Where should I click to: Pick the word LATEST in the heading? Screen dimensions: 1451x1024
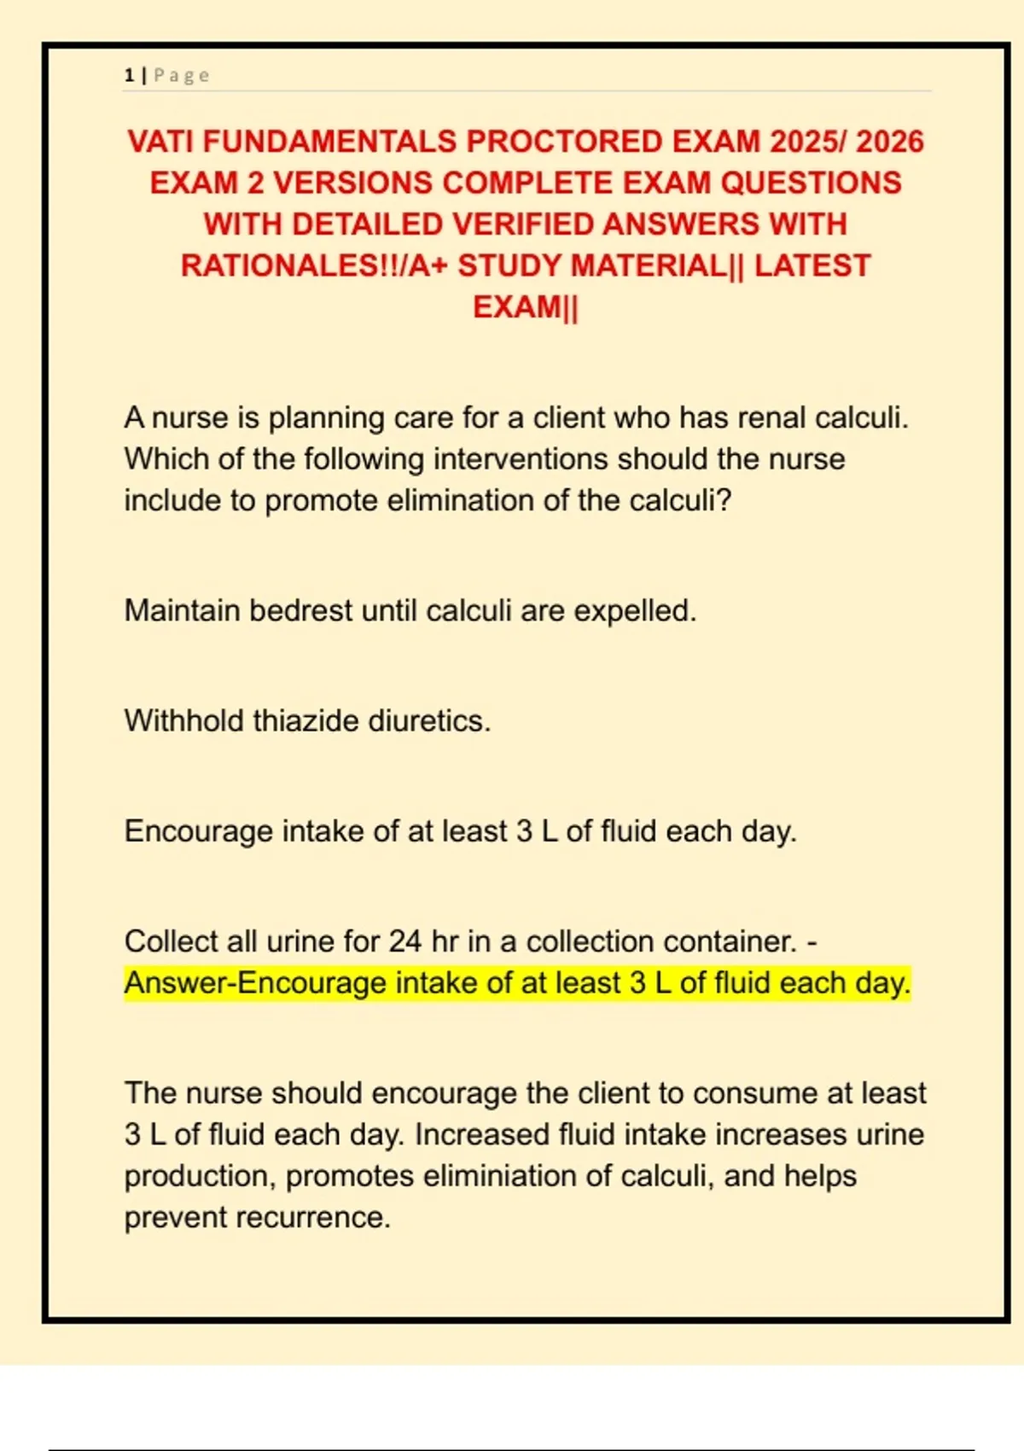812,265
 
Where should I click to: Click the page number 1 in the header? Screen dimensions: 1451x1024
129,76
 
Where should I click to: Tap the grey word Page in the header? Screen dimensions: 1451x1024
181,76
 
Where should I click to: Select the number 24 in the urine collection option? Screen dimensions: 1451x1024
405,941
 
